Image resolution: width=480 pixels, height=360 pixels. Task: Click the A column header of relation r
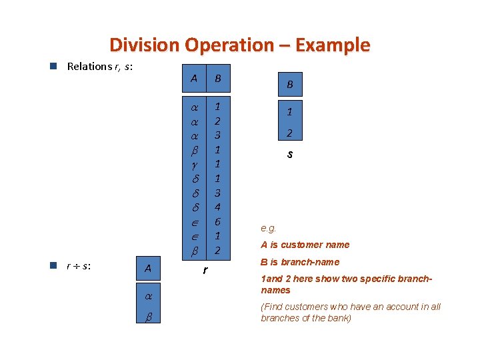194,79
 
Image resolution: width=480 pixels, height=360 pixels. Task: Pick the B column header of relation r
217,79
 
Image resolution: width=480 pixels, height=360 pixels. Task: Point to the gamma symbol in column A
194,164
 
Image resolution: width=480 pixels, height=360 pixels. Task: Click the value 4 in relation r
217,207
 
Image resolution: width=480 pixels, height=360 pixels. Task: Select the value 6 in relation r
217,221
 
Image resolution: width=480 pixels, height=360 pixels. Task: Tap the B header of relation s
289,85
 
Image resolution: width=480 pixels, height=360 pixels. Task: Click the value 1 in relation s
289,111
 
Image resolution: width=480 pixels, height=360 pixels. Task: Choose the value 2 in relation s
289,133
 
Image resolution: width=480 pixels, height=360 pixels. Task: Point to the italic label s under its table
289,155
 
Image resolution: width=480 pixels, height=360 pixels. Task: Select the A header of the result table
147,269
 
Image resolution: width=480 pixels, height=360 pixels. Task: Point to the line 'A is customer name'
305,245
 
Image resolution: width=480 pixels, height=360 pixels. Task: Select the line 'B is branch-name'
300,262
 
